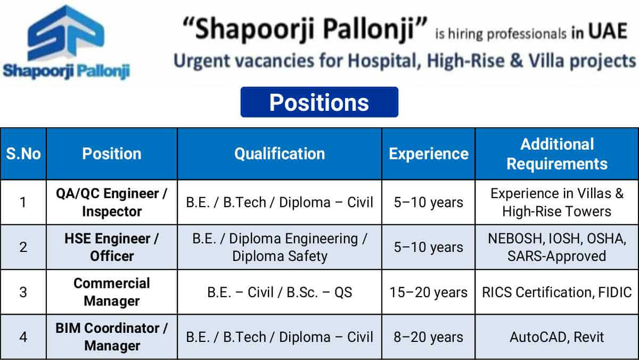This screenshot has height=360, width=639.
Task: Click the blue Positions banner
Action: [x=319, y=102]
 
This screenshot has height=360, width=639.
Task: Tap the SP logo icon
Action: [x=66, y=33]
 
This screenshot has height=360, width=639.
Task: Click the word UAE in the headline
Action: [x=608, y=31]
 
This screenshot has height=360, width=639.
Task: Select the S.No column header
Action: [x=23, y=154]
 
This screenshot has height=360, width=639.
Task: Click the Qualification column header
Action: [x=280, y=154]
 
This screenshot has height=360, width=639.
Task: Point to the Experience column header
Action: [x=429, y=154]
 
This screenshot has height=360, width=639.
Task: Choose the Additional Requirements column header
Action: [x=557, y=154]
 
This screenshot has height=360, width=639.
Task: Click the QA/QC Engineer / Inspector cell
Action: [x=112, y=202]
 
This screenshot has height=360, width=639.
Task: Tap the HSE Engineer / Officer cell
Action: [x=112, y=247]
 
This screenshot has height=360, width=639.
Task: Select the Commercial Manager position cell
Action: [x=112, y=292]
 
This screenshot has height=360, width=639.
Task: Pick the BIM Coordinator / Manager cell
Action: [x=112, y=337]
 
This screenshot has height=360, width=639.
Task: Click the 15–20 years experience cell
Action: [x=429, y=292]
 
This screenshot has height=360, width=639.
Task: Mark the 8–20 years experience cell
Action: [x=429, y=337]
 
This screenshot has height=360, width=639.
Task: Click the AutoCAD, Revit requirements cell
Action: [x=557, y=337]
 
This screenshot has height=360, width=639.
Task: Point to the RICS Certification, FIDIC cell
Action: [x=557, y=292]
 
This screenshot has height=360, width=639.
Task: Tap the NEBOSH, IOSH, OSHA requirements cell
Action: [x=557, y=247]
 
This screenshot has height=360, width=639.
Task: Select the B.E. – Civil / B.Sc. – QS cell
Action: [x=280, y=292]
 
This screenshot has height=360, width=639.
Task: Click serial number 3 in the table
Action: [x=23, y=292]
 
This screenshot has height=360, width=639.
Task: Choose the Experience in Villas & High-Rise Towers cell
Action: [x=557, y=202]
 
